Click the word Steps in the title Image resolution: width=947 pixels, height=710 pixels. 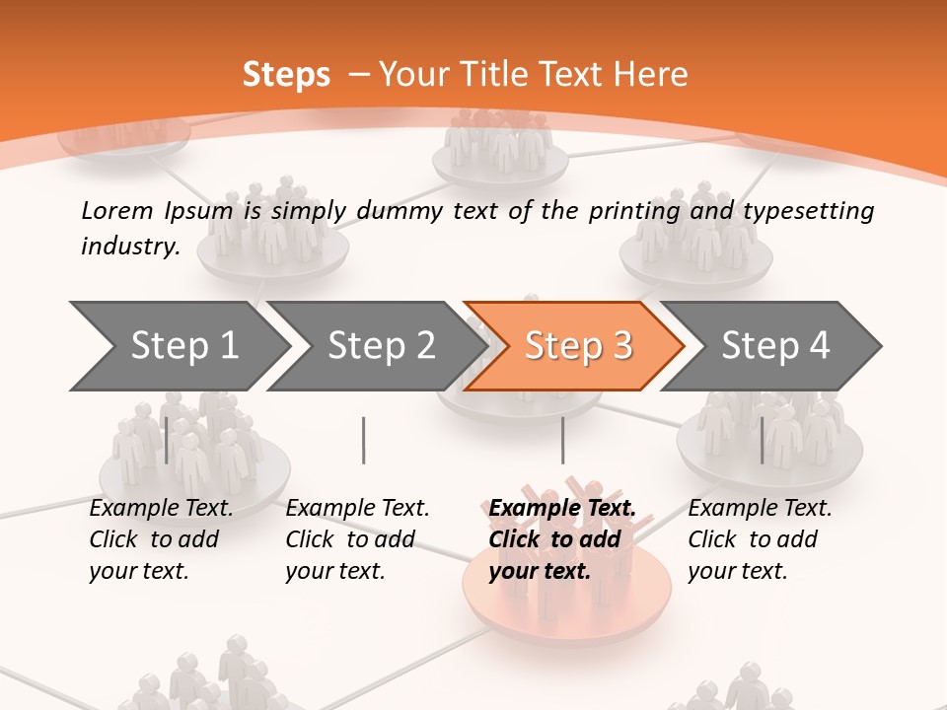pos(286,75)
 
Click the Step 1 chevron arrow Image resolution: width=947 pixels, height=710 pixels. pos(178,345)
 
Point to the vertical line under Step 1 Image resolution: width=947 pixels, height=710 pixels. pos(167,440)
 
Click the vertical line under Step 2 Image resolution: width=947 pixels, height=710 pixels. pos(364,440)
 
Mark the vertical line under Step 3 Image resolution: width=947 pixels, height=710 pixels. pos(562,440)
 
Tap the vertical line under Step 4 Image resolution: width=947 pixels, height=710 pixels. pos(762,440)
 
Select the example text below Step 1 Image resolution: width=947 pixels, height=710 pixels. pos(161,539)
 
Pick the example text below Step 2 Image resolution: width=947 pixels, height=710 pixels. pos(357,539)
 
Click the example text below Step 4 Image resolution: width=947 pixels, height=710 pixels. pos(760,539)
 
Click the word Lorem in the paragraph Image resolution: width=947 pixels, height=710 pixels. pos(117,210)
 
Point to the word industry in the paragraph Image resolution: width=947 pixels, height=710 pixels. pos(129,247)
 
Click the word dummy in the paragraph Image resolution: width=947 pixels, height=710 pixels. pos(400,211)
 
